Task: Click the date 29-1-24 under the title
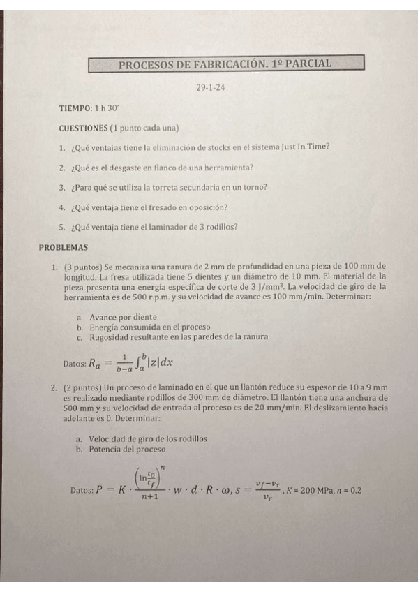pos(210,88)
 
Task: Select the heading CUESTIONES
pos(84,128)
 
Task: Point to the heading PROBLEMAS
pos(63,246)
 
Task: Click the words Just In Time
pos(306,147)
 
